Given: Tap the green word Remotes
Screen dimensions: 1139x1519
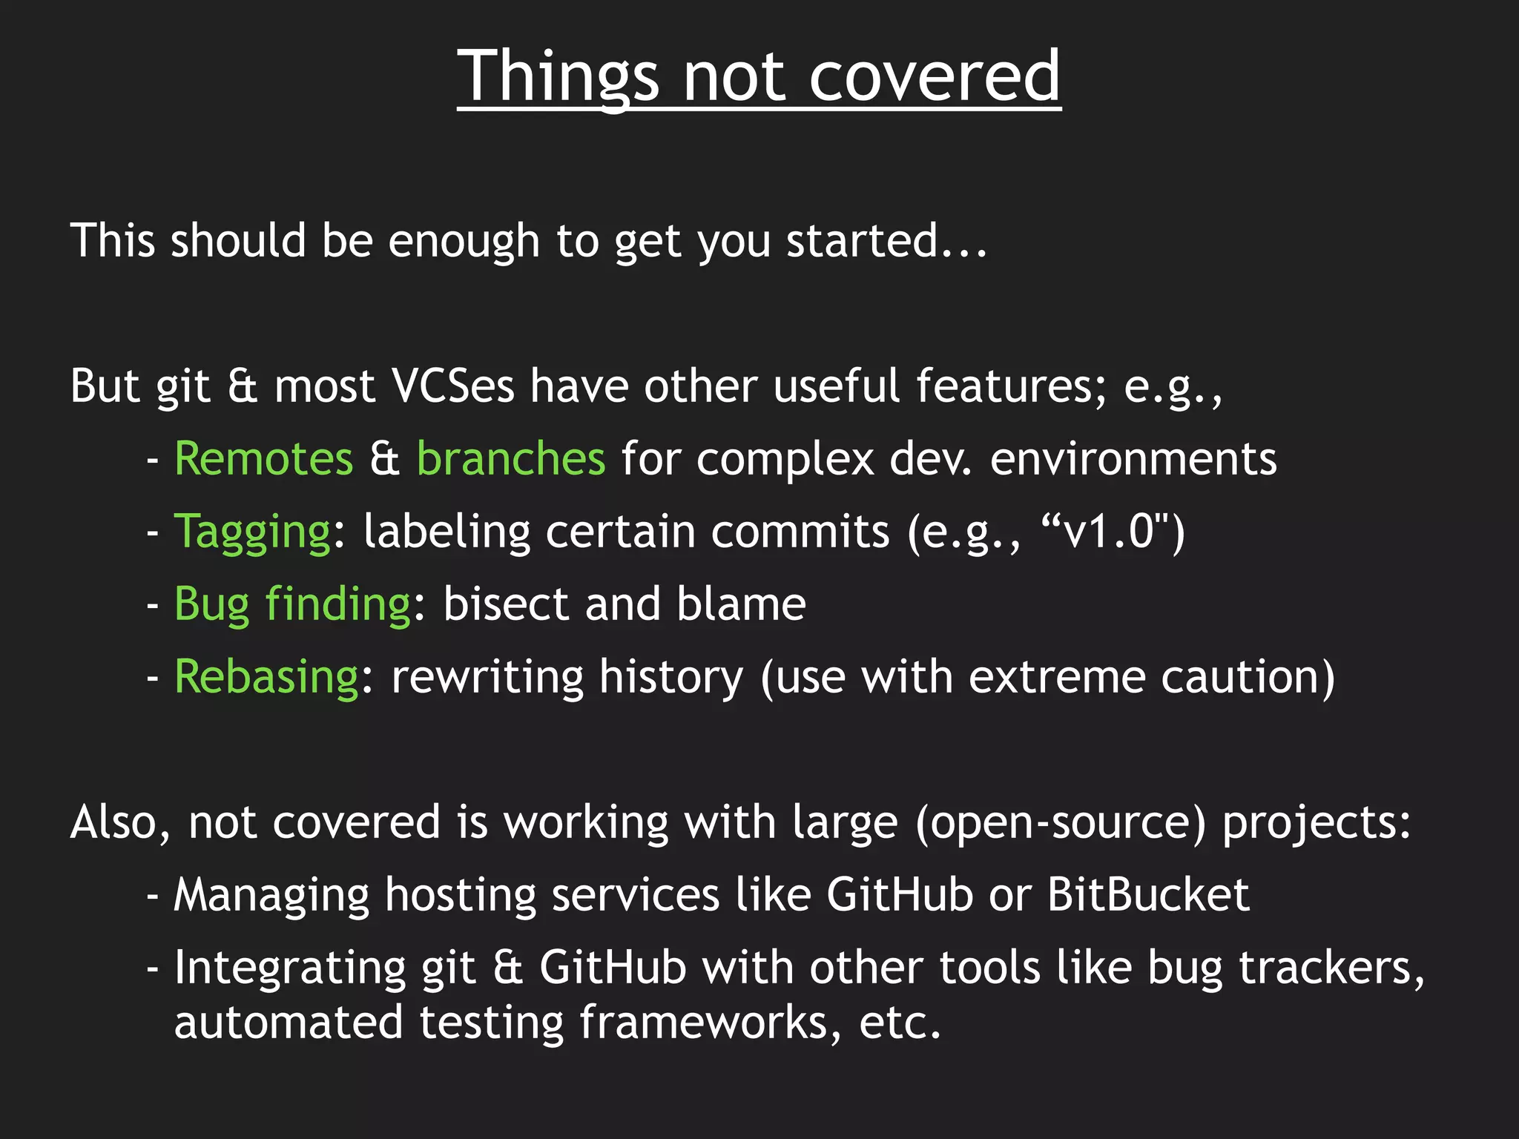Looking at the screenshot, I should click(x=264, y=459).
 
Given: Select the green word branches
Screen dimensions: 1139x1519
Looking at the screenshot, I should click(x=511, y=459).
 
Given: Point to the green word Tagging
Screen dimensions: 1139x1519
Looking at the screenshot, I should click(x=253, y=532).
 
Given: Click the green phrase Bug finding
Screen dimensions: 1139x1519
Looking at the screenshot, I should click(x=292, y=604).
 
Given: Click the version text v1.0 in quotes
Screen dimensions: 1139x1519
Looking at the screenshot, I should click(x=1108, y=532).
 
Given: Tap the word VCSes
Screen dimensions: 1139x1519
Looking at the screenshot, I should click(x=452, y=386).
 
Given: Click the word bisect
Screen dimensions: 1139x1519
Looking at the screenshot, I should click(x=505, y=604).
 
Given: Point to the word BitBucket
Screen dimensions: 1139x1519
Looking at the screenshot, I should click(x=1148, y=895).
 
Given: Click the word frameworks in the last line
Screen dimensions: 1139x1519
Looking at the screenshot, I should click(x=711, y=1023).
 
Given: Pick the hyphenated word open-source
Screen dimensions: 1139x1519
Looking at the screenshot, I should click(x=1061, y=823).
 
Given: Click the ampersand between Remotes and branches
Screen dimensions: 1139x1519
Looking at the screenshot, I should click(x=384, y=459).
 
